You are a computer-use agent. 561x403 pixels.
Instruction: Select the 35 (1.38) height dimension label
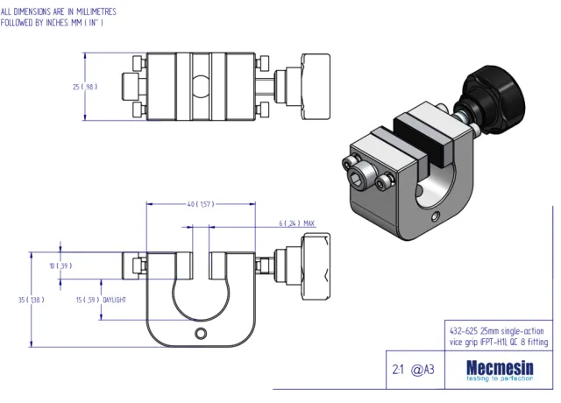(32, 300)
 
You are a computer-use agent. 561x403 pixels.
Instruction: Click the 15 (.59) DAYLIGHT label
(102, 300)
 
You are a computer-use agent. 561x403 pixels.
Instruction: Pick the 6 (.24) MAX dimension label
(297, 223)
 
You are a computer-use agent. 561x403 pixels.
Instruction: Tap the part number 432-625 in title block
(462, 331)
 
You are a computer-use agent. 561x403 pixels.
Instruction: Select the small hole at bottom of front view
(203, 333)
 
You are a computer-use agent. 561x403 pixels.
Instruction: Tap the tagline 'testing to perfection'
(499, 378)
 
